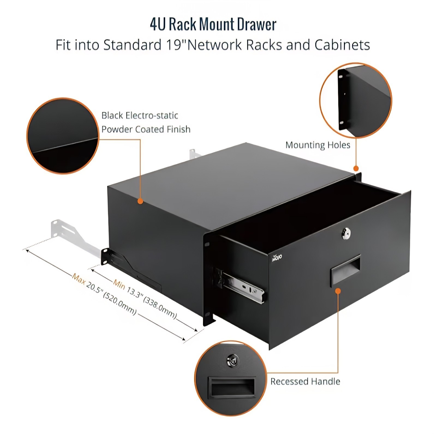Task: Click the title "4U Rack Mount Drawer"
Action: coord(213,24)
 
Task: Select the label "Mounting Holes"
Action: coord(318,145)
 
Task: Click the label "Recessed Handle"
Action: coord(305,381)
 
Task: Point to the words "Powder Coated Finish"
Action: coord(146,129)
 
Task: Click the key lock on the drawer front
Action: coord(346,234)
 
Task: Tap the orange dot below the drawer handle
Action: coord(338,291)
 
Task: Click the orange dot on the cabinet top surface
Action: coord(140,201)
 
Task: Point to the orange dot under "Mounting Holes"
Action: coord(356,168)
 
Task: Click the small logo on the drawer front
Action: coord(277,257)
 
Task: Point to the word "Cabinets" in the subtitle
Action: coord(342,45)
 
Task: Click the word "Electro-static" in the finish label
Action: coord(152,116)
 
